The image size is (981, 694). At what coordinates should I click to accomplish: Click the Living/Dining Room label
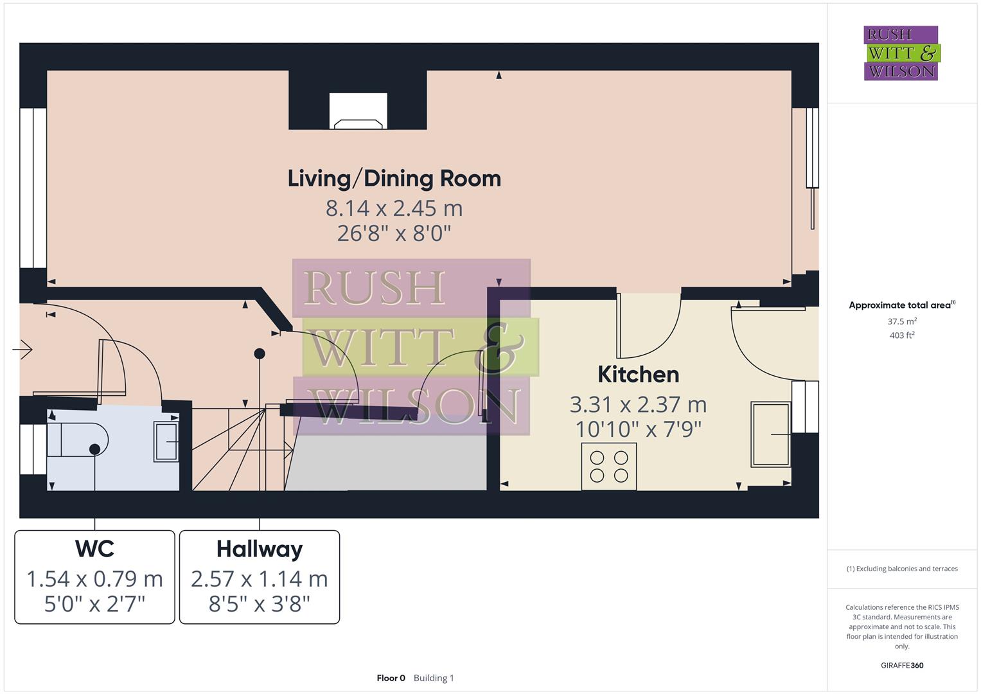click(x=394, y=179)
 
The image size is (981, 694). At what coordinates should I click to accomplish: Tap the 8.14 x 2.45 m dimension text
click(x=394, y=208)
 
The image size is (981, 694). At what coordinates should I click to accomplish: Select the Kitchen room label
click(x=638, y=375)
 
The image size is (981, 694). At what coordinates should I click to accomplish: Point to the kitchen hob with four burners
click(x=608, y=467)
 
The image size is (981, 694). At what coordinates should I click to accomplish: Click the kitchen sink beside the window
click(x=770, y=434)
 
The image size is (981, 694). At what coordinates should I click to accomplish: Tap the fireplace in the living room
click(x=358, y=112)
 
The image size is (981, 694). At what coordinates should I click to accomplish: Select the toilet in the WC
click(x=77, y=440)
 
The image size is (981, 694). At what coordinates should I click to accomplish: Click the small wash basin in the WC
click(x=166, y=441)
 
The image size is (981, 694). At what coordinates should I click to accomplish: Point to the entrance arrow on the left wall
click(x=22, y=350)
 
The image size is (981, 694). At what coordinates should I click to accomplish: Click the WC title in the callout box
click(x=94, y=549)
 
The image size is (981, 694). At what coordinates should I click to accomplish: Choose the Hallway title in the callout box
click(x=259, y=549)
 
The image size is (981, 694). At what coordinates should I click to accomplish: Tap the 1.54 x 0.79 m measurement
click(x=94, y=579)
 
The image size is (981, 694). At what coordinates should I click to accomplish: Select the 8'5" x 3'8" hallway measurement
click(x=259, y=604)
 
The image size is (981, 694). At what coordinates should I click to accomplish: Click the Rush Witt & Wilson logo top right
click(x=901, y=53)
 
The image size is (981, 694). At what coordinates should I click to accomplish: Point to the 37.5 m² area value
click(x=901, y=321)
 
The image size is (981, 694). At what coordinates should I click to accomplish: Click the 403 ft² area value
click(x=901, y=335)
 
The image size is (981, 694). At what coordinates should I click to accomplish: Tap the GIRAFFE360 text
click(x=901, y=665)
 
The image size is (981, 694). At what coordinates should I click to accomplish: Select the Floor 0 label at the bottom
click(x=391, y=678)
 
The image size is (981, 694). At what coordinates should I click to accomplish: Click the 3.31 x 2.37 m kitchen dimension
click(x=638, y=405)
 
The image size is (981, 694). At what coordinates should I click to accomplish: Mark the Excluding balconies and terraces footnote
click(x=901, y=569)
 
